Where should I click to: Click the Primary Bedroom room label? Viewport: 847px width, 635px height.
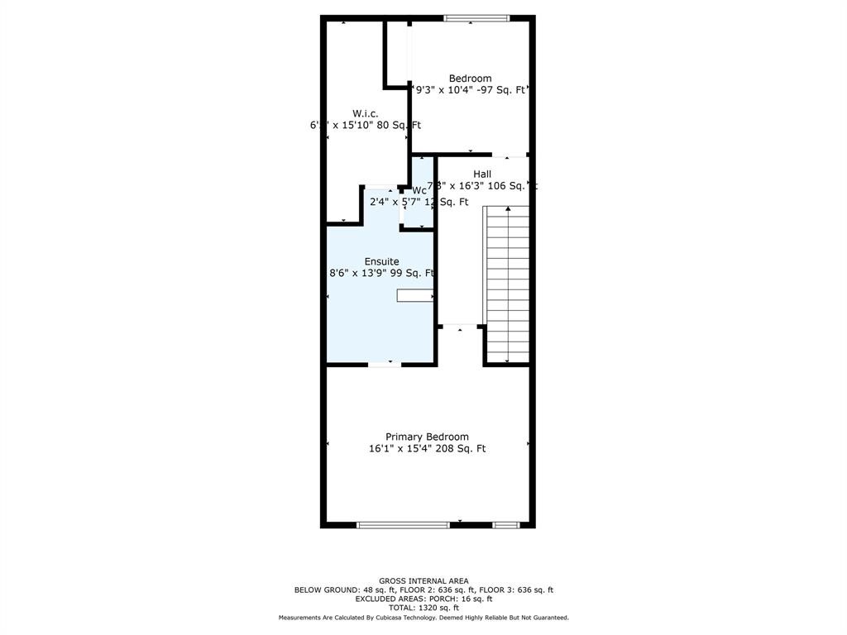tap(427, 437)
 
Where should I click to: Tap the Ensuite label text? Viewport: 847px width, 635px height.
tap(381, 261)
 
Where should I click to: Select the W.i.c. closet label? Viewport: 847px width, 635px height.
tap(365, 113)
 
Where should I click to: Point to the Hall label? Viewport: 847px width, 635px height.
tap(482, 174)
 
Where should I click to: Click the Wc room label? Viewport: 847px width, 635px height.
tap(419, 190)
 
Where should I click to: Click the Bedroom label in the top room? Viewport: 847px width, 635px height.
tap(470, 79)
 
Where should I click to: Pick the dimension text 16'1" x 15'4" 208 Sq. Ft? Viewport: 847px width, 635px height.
tap(427, 449)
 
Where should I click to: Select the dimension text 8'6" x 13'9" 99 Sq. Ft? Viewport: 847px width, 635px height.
tap(381, 274)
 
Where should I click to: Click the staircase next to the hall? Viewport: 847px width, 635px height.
tap(506, 285)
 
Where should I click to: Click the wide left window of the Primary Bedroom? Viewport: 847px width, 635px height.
tap(403, 524)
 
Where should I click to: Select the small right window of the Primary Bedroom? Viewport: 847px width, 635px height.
tap(505, 524)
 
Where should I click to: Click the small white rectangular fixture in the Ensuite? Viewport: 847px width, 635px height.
tap(414, 295)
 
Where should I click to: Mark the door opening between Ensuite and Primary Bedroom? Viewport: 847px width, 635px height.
tap(385, 364)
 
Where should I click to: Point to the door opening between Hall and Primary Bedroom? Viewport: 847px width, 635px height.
tap(461, 327)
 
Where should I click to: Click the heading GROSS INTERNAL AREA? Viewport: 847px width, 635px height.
tap(423, 580)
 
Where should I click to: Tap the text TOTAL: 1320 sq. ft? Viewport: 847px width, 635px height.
tap(423, 607)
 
